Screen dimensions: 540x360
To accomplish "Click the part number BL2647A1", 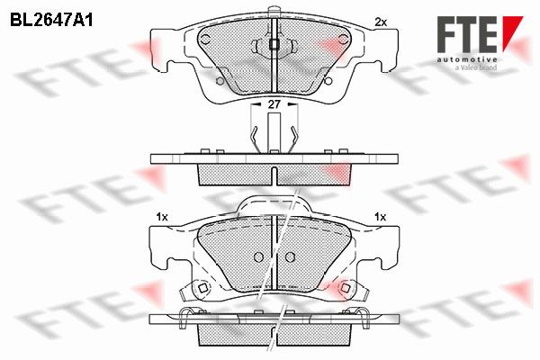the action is (51, 21).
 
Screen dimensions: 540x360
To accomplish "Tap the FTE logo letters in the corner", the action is (467, 35).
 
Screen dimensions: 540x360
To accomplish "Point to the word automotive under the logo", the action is (467, 60).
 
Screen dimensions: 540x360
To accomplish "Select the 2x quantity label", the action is (381, 22).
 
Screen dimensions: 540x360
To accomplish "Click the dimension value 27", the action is (274, 104).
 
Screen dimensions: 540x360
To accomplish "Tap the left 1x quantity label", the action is (162, 217).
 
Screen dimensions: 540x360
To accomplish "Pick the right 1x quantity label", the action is (380, 217).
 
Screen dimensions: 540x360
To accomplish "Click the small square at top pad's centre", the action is (274, 44).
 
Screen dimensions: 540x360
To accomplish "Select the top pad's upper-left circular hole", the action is (206, 40).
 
